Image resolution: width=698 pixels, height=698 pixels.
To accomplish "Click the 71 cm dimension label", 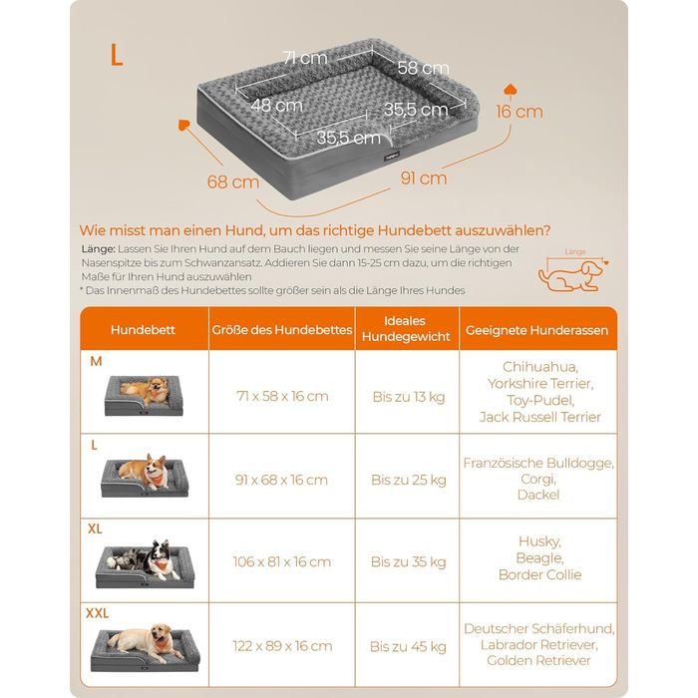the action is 305,58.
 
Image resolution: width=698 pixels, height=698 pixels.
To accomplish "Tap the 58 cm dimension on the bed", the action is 423,68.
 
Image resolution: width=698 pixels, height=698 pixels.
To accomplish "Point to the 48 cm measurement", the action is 276,106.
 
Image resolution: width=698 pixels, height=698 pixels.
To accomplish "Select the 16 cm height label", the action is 520,112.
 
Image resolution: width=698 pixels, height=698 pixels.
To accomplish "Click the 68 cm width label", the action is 232,181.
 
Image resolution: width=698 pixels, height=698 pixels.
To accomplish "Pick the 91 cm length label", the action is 424,178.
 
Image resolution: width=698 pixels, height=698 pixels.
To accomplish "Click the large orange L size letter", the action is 117,55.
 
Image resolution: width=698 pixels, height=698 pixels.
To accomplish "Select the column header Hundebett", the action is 143,330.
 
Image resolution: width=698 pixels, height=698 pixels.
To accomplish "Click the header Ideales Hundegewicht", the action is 406,328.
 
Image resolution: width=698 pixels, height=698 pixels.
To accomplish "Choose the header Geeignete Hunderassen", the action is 536,330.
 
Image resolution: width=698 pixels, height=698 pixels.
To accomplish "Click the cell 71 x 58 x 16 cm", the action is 282,396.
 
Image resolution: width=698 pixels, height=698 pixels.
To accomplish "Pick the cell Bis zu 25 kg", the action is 409,480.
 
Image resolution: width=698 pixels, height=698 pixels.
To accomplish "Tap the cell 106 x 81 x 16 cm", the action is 282,561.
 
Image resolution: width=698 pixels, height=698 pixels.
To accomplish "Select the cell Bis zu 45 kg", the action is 408,646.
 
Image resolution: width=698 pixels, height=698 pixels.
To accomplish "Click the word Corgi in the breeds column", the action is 538,480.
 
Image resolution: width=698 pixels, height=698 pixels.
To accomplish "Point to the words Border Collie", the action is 540,574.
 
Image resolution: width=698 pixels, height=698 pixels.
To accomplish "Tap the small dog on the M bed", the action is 146,391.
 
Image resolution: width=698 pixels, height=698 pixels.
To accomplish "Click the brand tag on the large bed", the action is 392,156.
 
